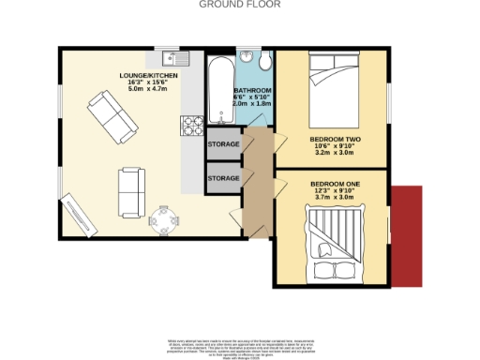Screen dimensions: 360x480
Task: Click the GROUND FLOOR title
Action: [x=228, y=5]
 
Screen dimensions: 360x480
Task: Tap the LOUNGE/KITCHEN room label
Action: [x=148, y=74]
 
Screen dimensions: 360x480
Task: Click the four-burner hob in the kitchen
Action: [x=191, y=123]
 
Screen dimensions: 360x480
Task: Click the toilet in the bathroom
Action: [x=265, y=61]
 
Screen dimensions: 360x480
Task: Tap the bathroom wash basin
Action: [x=247, y=54]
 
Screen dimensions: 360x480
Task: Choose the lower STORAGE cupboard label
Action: [x=223, y=177]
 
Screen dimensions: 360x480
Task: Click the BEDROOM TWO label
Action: [x=336, y=140]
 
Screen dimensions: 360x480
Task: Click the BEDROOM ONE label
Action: [x=336, y=184]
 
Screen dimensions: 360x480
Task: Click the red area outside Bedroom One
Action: [x=406, y=236]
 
